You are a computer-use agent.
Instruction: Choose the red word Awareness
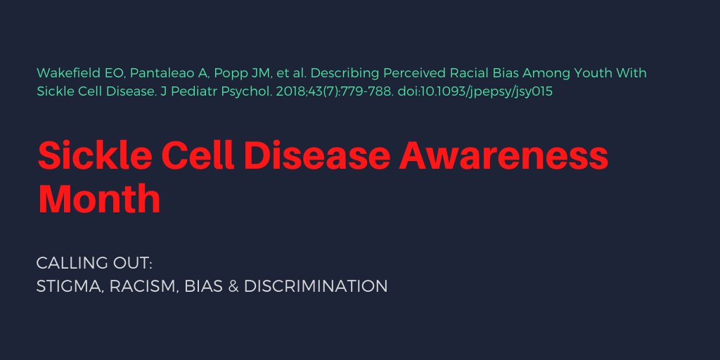pos(503,156)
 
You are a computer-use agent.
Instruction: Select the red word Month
pos(99,198)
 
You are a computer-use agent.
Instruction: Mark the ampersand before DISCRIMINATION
pos(233,287)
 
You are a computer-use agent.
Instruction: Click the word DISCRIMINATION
pos(316,287)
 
